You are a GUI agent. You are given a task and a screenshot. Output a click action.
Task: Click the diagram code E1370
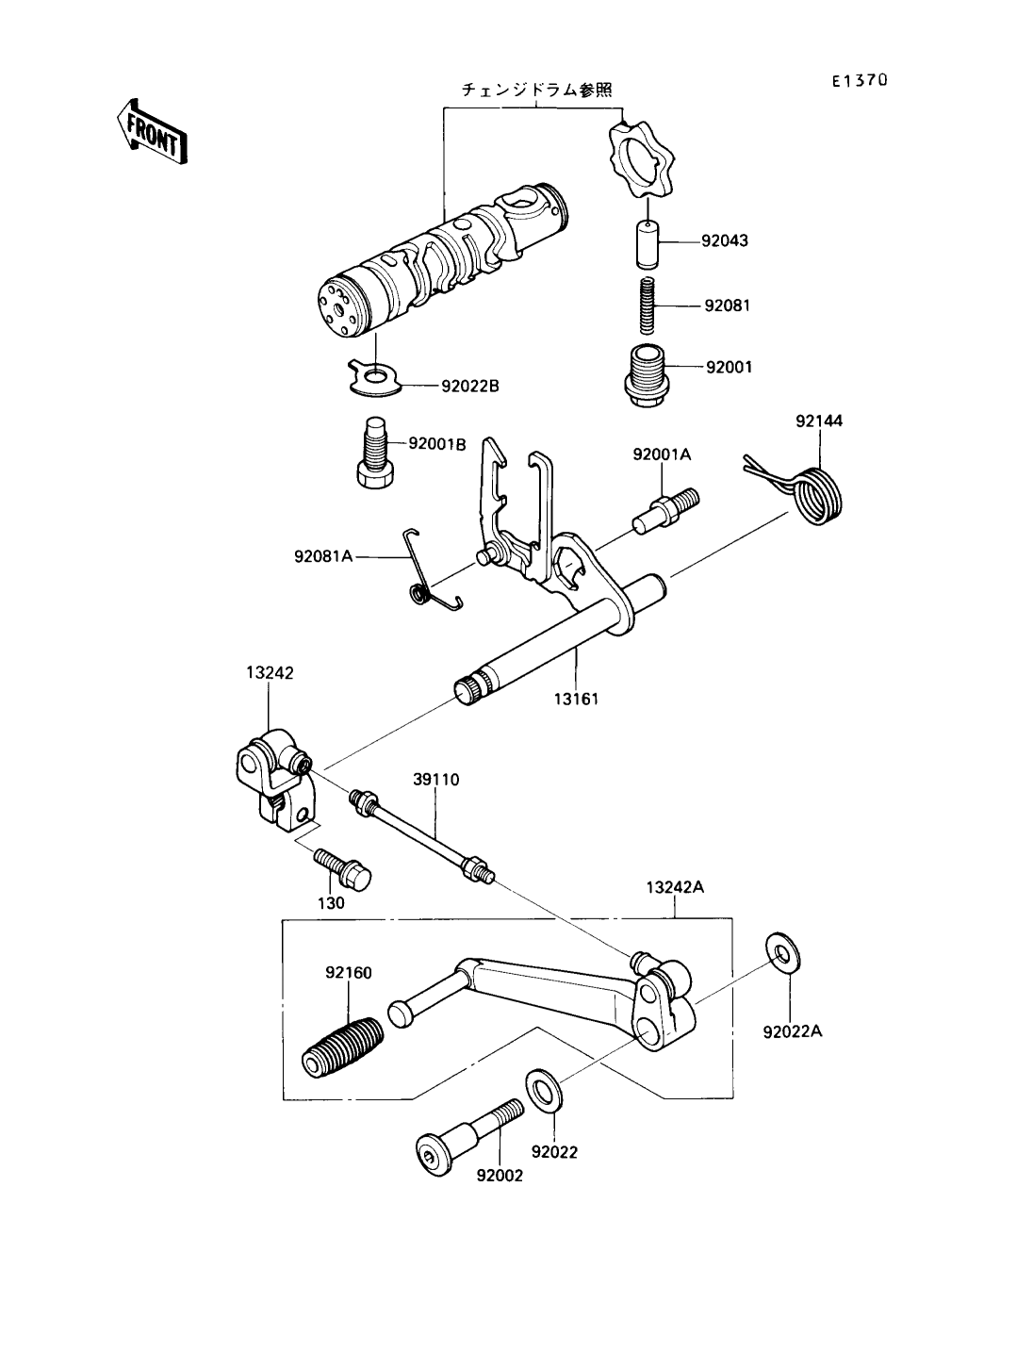coord(859,81)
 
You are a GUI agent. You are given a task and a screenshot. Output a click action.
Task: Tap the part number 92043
coord(724,240)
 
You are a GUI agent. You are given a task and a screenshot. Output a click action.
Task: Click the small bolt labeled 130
coord(345,868)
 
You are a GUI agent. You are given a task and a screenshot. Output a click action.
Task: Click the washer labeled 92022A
coord(780,953)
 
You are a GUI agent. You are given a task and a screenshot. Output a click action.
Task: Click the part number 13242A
coord(676,887)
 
